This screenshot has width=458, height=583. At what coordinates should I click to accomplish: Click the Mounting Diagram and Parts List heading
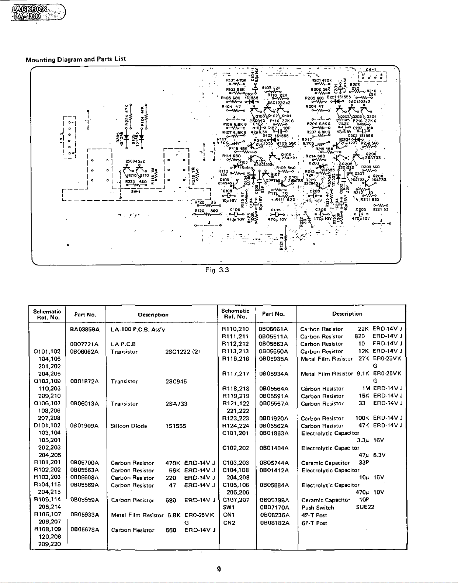[x=76, y=59]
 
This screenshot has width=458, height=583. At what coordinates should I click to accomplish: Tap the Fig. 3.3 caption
[x=217, y=270]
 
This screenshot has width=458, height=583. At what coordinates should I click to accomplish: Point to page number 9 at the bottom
[x=219, y=569]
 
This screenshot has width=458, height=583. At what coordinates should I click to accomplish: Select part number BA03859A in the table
[x=85, y=329]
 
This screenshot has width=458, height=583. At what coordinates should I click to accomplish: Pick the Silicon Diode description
[x=129, y=426]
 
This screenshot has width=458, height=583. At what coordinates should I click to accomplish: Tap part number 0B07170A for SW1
[x=274, y=507]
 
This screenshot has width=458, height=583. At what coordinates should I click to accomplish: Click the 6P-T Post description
[x=314, y=523]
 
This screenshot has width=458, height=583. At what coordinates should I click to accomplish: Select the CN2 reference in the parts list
[x=229, y=523]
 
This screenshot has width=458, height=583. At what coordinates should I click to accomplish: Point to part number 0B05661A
[x=273, y=329]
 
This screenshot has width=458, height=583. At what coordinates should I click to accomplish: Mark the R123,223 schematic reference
[x=235, y=418]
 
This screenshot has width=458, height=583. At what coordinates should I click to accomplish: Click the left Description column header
[x=153, y=315]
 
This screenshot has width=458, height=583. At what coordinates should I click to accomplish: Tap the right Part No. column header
[x=273, y=314]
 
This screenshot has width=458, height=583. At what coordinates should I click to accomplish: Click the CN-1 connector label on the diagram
[x=371, y=70]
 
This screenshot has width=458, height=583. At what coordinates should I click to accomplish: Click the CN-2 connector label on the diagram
[x=62, y=137]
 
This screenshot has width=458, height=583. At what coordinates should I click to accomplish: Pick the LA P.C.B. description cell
[x=124, y=344]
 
